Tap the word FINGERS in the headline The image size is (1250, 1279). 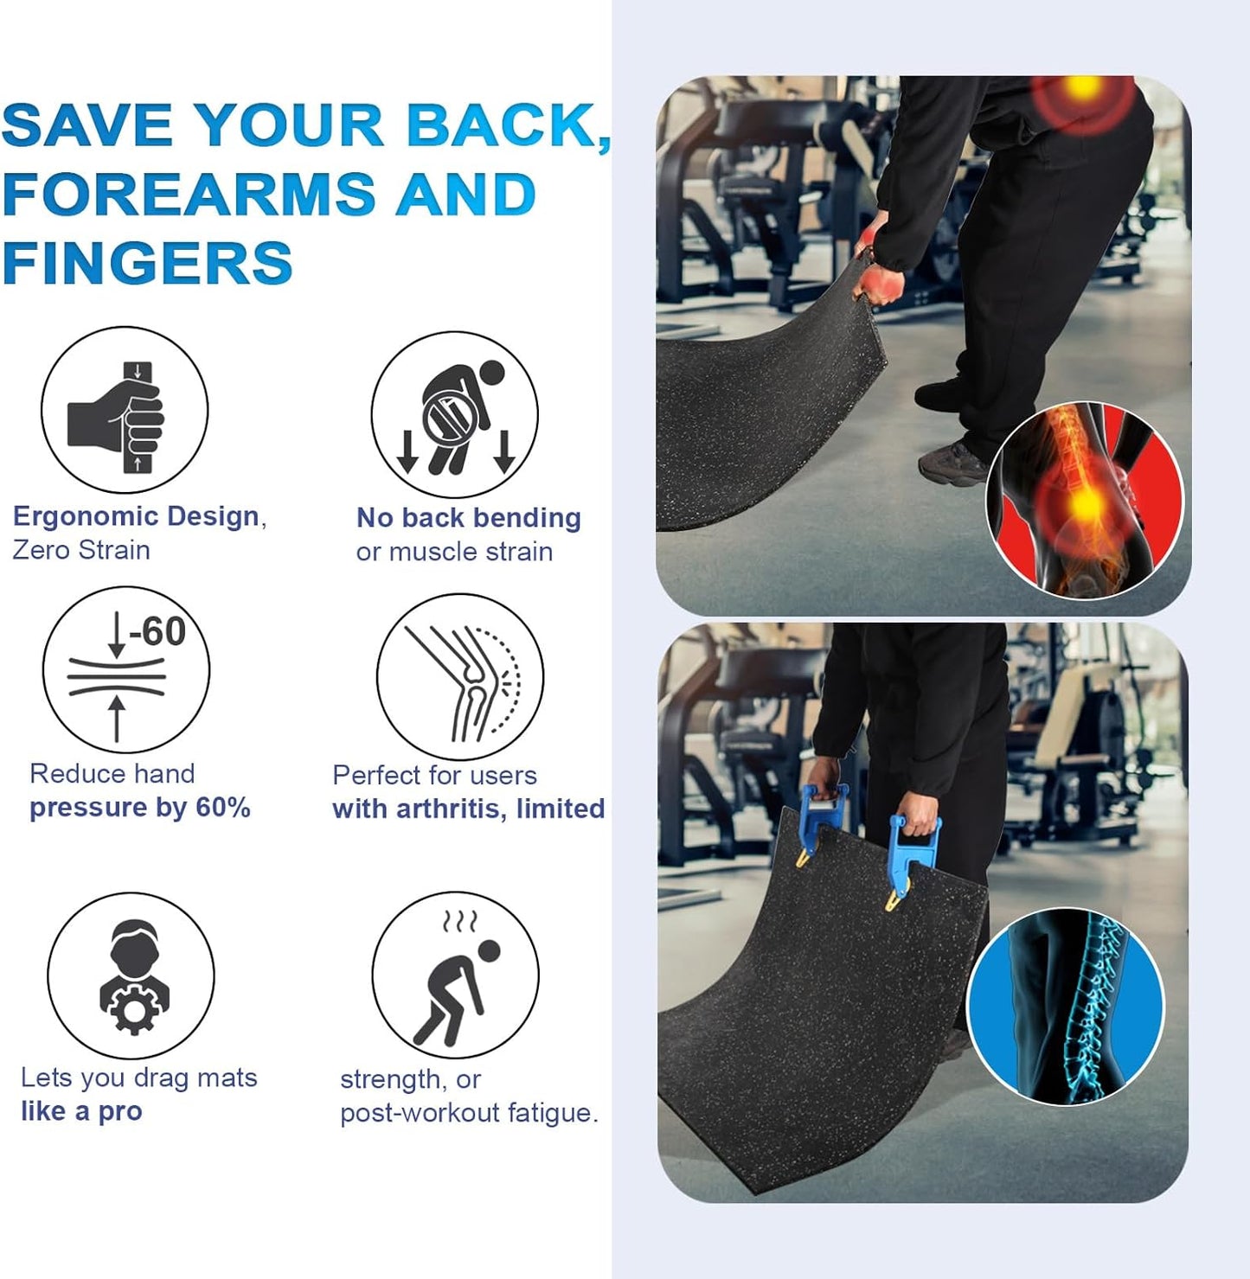click(x=148, y=263)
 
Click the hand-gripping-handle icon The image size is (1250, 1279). click(x=125, y=411)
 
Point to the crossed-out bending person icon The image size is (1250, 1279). click(x=455, y=415)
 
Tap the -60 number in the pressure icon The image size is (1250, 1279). click(x=157, y=632)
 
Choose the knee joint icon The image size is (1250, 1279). click(x=460, y=677)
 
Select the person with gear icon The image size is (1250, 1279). click(x=131, y=975)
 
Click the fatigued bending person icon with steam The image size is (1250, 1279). click(x=456, y=975)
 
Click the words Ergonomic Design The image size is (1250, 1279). click(x=136, y=516)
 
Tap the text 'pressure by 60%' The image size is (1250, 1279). click(x=140, y=808)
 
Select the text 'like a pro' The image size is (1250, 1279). click(x=81, y=1111)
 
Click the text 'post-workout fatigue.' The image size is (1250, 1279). click(x=469, y=1113)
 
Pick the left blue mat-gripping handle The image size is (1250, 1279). click(x=820, y=822)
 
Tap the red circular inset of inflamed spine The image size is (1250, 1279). click(x=1084, y=501)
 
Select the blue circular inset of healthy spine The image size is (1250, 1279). click(x=1065, y=1006)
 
